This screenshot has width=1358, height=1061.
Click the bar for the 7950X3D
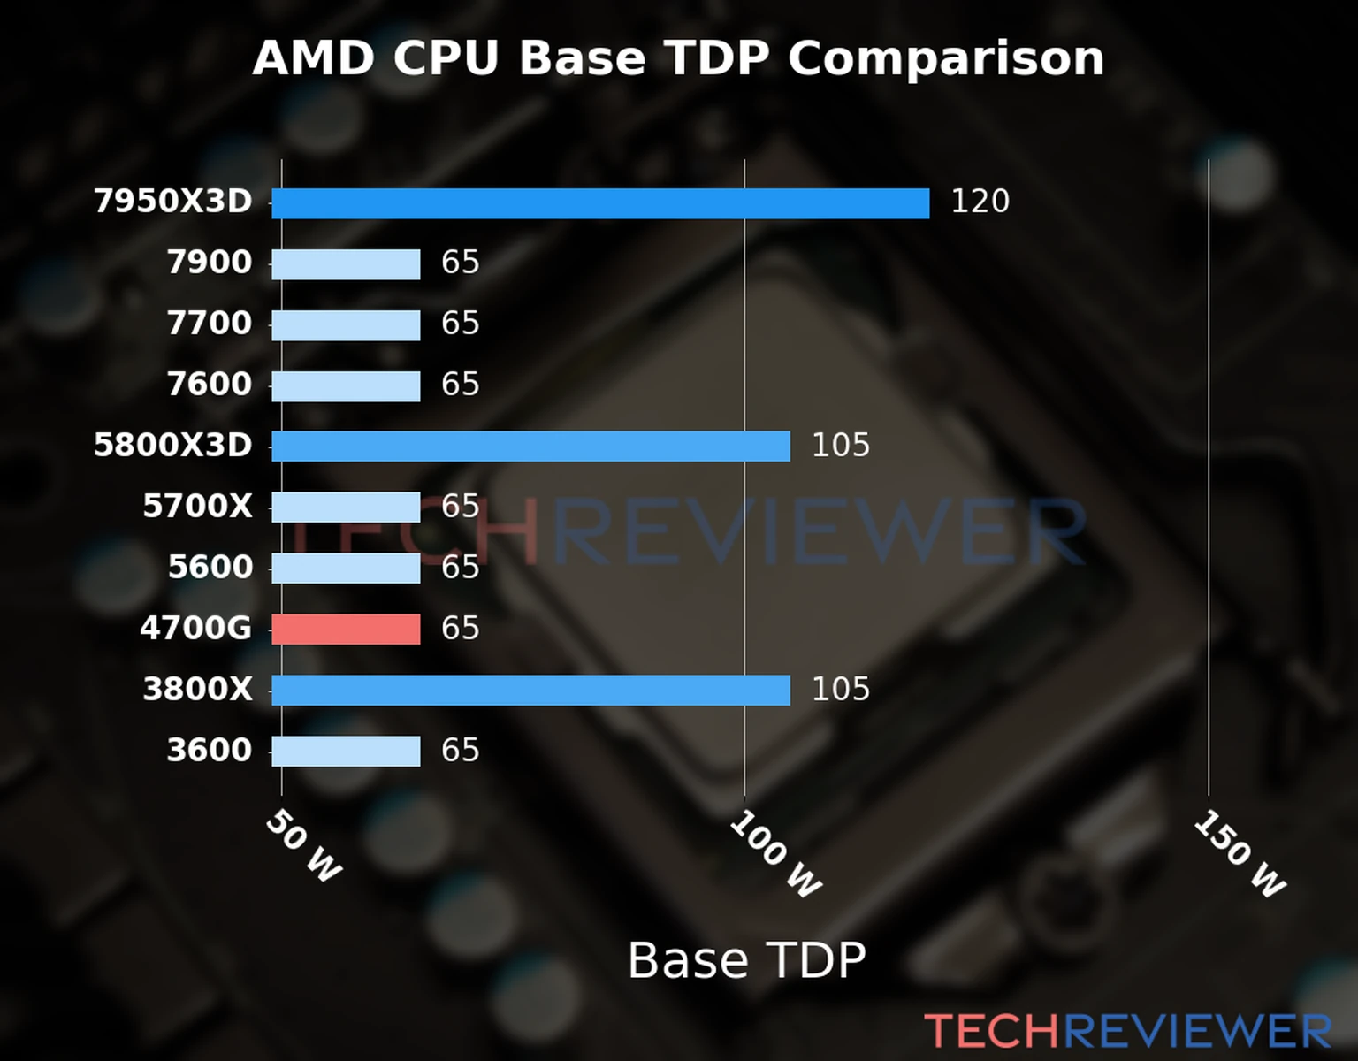(600, 203)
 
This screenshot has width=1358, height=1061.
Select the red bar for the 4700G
(346, 630)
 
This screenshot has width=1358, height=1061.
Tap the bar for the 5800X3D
(530, 447)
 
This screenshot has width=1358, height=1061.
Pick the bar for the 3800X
(530, 691)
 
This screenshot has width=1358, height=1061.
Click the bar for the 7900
(346, 264)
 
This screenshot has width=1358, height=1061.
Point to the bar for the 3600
(346, 752)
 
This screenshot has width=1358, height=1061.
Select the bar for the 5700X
(346, 508)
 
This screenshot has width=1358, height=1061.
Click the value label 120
(980, 202)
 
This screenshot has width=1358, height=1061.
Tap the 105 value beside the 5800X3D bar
(840, 446)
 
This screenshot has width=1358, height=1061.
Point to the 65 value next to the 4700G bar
(460, 629)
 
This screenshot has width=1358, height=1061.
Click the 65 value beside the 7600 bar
(460, 385)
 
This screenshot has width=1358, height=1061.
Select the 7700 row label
(210, 324)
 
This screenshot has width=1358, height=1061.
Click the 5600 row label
(210, 568)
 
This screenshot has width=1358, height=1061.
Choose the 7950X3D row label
(173, 202)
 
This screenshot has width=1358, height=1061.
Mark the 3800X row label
(198, 690)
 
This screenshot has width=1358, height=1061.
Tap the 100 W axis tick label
(775, 854)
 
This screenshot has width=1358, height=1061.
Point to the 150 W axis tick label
(1240, 854)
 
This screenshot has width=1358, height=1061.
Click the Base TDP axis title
(746, 960)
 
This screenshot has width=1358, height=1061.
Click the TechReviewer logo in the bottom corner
(1127, 1031)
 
